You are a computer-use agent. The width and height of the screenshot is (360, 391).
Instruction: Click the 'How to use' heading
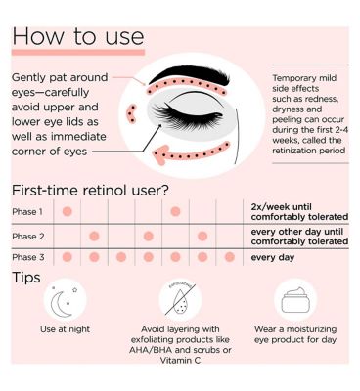[x=78, y=36]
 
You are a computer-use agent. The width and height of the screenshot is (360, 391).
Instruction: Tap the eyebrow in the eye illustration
[x=191, y=74]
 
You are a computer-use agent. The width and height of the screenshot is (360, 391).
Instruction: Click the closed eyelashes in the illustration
[x=188, y=114]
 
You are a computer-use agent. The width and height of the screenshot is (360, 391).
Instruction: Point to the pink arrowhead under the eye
[x=160, y=154]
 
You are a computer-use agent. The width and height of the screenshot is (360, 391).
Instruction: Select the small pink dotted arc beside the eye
[x=131, y=114]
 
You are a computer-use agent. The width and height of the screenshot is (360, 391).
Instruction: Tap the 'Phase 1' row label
[x=27, y=212]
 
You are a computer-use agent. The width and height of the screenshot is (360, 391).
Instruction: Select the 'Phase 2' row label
[x=28, y=237]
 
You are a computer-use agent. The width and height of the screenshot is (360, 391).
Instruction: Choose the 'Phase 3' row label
[x=28, y=257]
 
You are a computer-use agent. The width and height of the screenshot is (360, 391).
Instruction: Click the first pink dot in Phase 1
[x=67, y=211]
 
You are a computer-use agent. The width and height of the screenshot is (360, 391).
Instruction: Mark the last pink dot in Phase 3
[x=230, y=257]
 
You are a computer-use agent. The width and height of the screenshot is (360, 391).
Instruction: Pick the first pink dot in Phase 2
[x=94, y=236]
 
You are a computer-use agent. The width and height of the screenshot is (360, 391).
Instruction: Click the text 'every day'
[x=273, y=257]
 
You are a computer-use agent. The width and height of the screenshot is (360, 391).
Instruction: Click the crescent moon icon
[x=62, y=304]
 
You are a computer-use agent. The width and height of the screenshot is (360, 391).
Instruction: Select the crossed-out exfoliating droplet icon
[x=180, y=300]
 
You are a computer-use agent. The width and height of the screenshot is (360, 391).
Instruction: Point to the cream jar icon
[x=295, y=300]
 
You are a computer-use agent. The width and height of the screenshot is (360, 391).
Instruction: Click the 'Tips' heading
[x=26, y=278]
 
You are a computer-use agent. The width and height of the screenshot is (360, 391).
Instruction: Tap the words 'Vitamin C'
[x=180, y=360]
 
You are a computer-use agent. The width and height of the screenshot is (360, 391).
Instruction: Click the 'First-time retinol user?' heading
[x=90, y=191]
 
